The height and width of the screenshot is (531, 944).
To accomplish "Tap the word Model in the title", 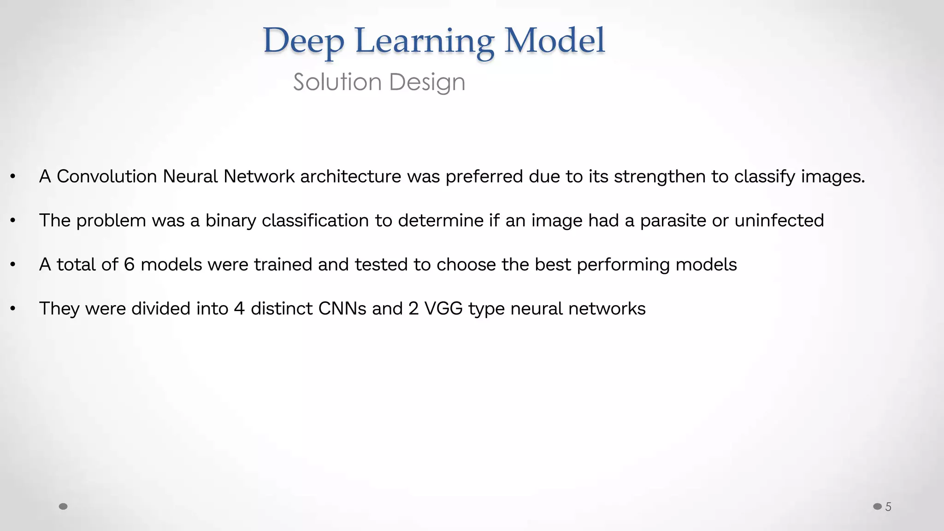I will [554, 41].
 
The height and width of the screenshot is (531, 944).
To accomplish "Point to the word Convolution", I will [107, 177].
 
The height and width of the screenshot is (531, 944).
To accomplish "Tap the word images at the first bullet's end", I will [832, 177].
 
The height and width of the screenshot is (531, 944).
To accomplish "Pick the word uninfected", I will [779, 220].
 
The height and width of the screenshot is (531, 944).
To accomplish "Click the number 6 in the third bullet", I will [129, 265].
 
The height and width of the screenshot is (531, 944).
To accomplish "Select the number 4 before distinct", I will [239, 308].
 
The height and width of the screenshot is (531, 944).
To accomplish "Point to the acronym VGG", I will [443, 308].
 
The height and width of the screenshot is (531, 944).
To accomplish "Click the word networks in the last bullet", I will [607, 308].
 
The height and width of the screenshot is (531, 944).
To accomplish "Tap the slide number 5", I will [888, 507].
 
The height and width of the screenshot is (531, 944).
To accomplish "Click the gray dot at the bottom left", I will [64, 507].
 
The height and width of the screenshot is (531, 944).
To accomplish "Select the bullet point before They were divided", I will [13, 309].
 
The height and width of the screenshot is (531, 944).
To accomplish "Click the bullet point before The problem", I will [13, 221].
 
